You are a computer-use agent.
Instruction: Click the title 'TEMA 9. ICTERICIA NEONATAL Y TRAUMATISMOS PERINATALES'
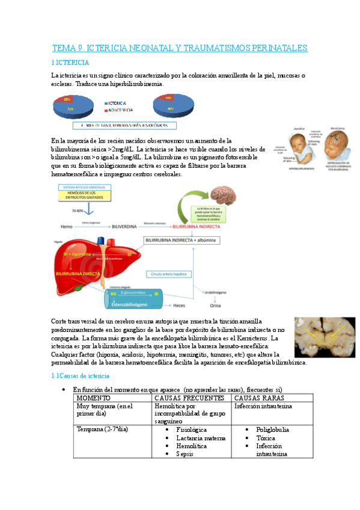pos(180,48)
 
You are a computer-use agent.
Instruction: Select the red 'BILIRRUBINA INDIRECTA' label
pos(195,227)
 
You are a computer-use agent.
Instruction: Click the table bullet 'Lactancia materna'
pos(198,438)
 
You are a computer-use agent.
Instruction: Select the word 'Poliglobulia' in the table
pos(272,429)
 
